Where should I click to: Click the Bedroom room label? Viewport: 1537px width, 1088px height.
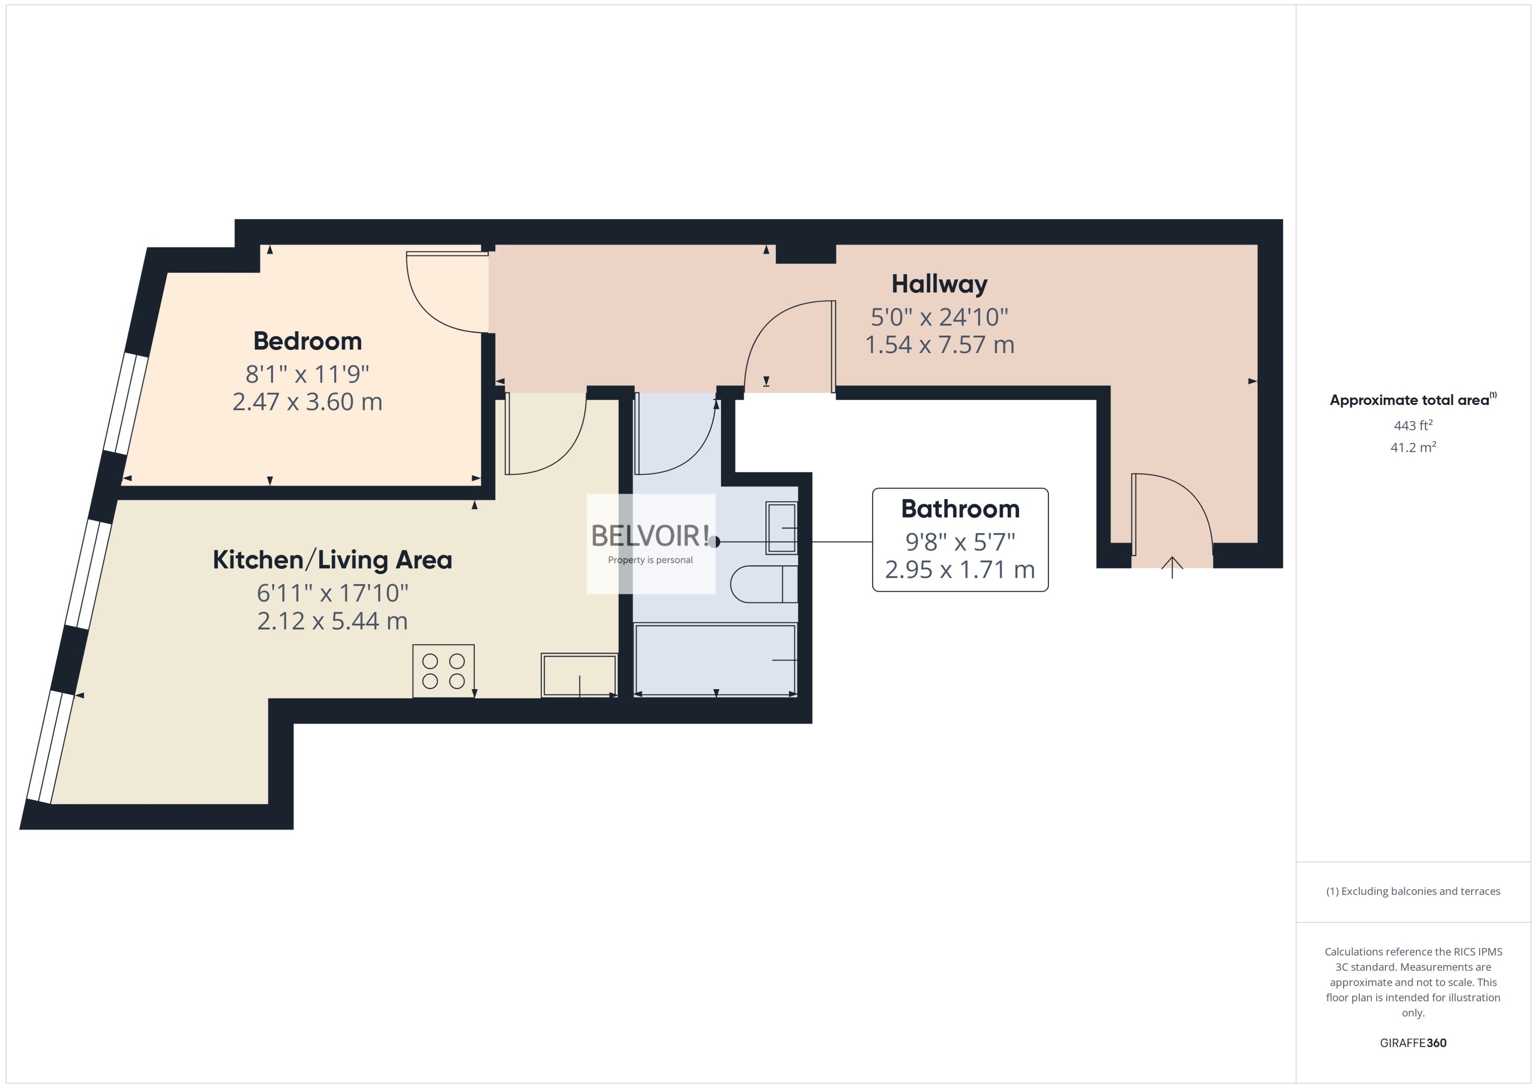tap(307, 341)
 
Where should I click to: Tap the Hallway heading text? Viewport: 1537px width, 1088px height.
tap(939, 284)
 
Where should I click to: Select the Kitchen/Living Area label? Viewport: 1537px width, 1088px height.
tap(332, 560)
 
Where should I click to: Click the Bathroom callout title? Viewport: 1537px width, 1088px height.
tap(960, 509)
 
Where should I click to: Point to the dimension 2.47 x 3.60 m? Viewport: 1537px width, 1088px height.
tap(307, 402)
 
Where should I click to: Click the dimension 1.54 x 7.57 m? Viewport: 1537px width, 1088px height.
tap(939, 345)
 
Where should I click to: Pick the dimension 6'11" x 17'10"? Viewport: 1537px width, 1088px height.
tap(332, 593)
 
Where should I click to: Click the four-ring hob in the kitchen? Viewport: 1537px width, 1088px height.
tap(444, 671)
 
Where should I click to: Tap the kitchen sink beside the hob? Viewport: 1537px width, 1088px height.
tap(579, 675)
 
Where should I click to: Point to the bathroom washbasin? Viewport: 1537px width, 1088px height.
tap(782, 528)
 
